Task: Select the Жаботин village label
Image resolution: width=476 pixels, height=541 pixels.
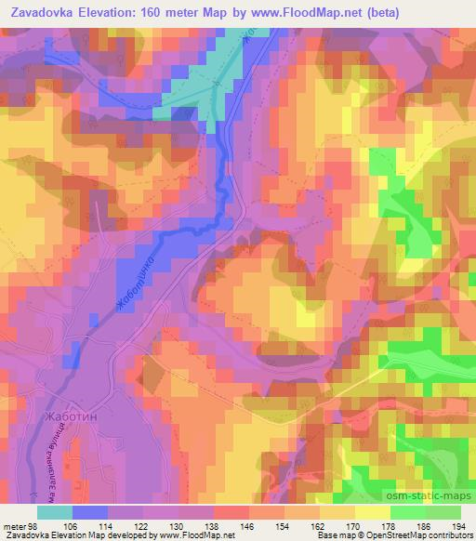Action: coord(70,417)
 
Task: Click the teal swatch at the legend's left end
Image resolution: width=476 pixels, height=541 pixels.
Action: coord(55,511)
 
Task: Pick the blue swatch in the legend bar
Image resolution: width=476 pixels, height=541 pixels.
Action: coord(90,511)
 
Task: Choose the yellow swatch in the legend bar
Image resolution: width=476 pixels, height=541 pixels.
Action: coord(372,511)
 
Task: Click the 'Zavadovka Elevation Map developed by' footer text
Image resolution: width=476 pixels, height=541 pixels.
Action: coord(70,534)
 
